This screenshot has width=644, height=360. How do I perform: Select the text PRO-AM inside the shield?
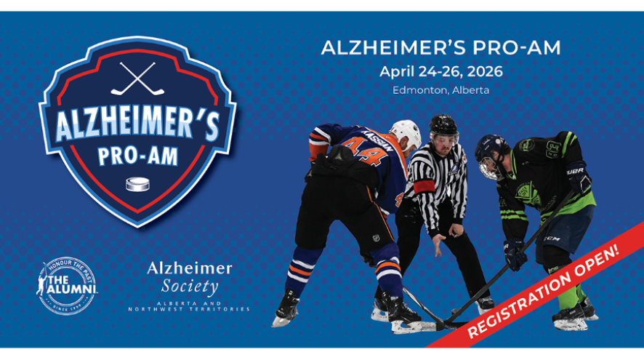coord(137,156)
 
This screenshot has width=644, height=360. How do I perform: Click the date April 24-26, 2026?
coord(440,72)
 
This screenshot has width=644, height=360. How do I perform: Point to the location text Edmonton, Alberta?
coord(440,90)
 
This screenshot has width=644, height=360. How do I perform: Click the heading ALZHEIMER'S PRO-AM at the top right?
coord(440,48)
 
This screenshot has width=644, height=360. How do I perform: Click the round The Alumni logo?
coord(66,283)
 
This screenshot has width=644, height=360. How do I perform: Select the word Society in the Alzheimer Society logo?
coord(190,287)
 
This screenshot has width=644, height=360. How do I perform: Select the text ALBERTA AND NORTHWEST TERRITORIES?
coord(189,306)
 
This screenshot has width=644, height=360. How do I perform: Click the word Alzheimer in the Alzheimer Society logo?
coord(190,268)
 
